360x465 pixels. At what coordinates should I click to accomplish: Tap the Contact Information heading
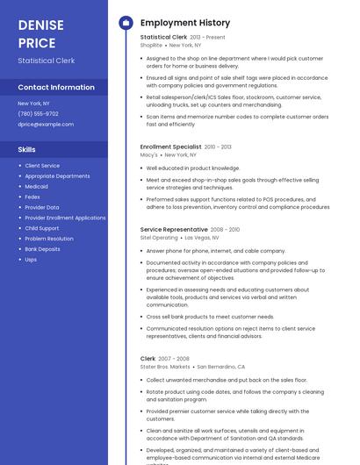pos(56,88)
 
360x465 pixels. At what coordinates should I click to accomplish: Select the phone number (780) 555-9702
pos(38,113)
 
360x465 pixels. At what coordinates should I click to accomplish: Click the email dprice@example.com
pos(46,124)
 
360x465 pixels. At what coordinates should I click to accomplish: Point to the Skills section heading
pos(26,149)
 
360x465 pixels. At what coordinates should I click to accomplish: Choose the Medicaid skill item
pos(37,187)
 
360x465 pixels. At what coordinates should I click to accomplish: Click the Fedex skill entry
pos(32,197)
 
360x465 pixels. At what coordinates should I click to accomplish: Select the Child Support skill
pos(42,228)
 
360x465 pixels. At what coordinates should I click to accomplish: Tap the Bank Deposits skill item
pos(42,249)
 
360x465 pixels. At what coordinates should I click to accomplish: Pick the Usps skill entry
pos(31,260)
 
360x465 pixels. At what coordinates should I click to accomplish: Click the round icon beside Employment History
pos(125,22)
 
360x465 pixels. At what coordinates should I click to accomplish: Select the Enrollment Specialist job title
pos(170,147)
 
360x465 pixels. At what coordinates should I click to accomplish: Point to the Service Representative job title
pos(174,229)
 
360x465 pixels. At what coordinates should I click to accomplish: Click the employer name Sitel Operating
pos(159,237)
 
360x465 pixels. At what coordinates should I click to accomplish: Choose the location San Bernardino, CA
pos(220,367)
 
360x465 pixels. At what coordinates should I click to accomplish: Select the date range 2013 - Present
pos(207,38)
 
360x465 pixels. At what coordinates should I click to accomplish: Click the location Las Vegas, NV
pos(202,237)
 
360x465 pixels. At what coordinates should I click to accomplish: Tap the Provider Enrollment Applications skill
pos(65,218)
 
